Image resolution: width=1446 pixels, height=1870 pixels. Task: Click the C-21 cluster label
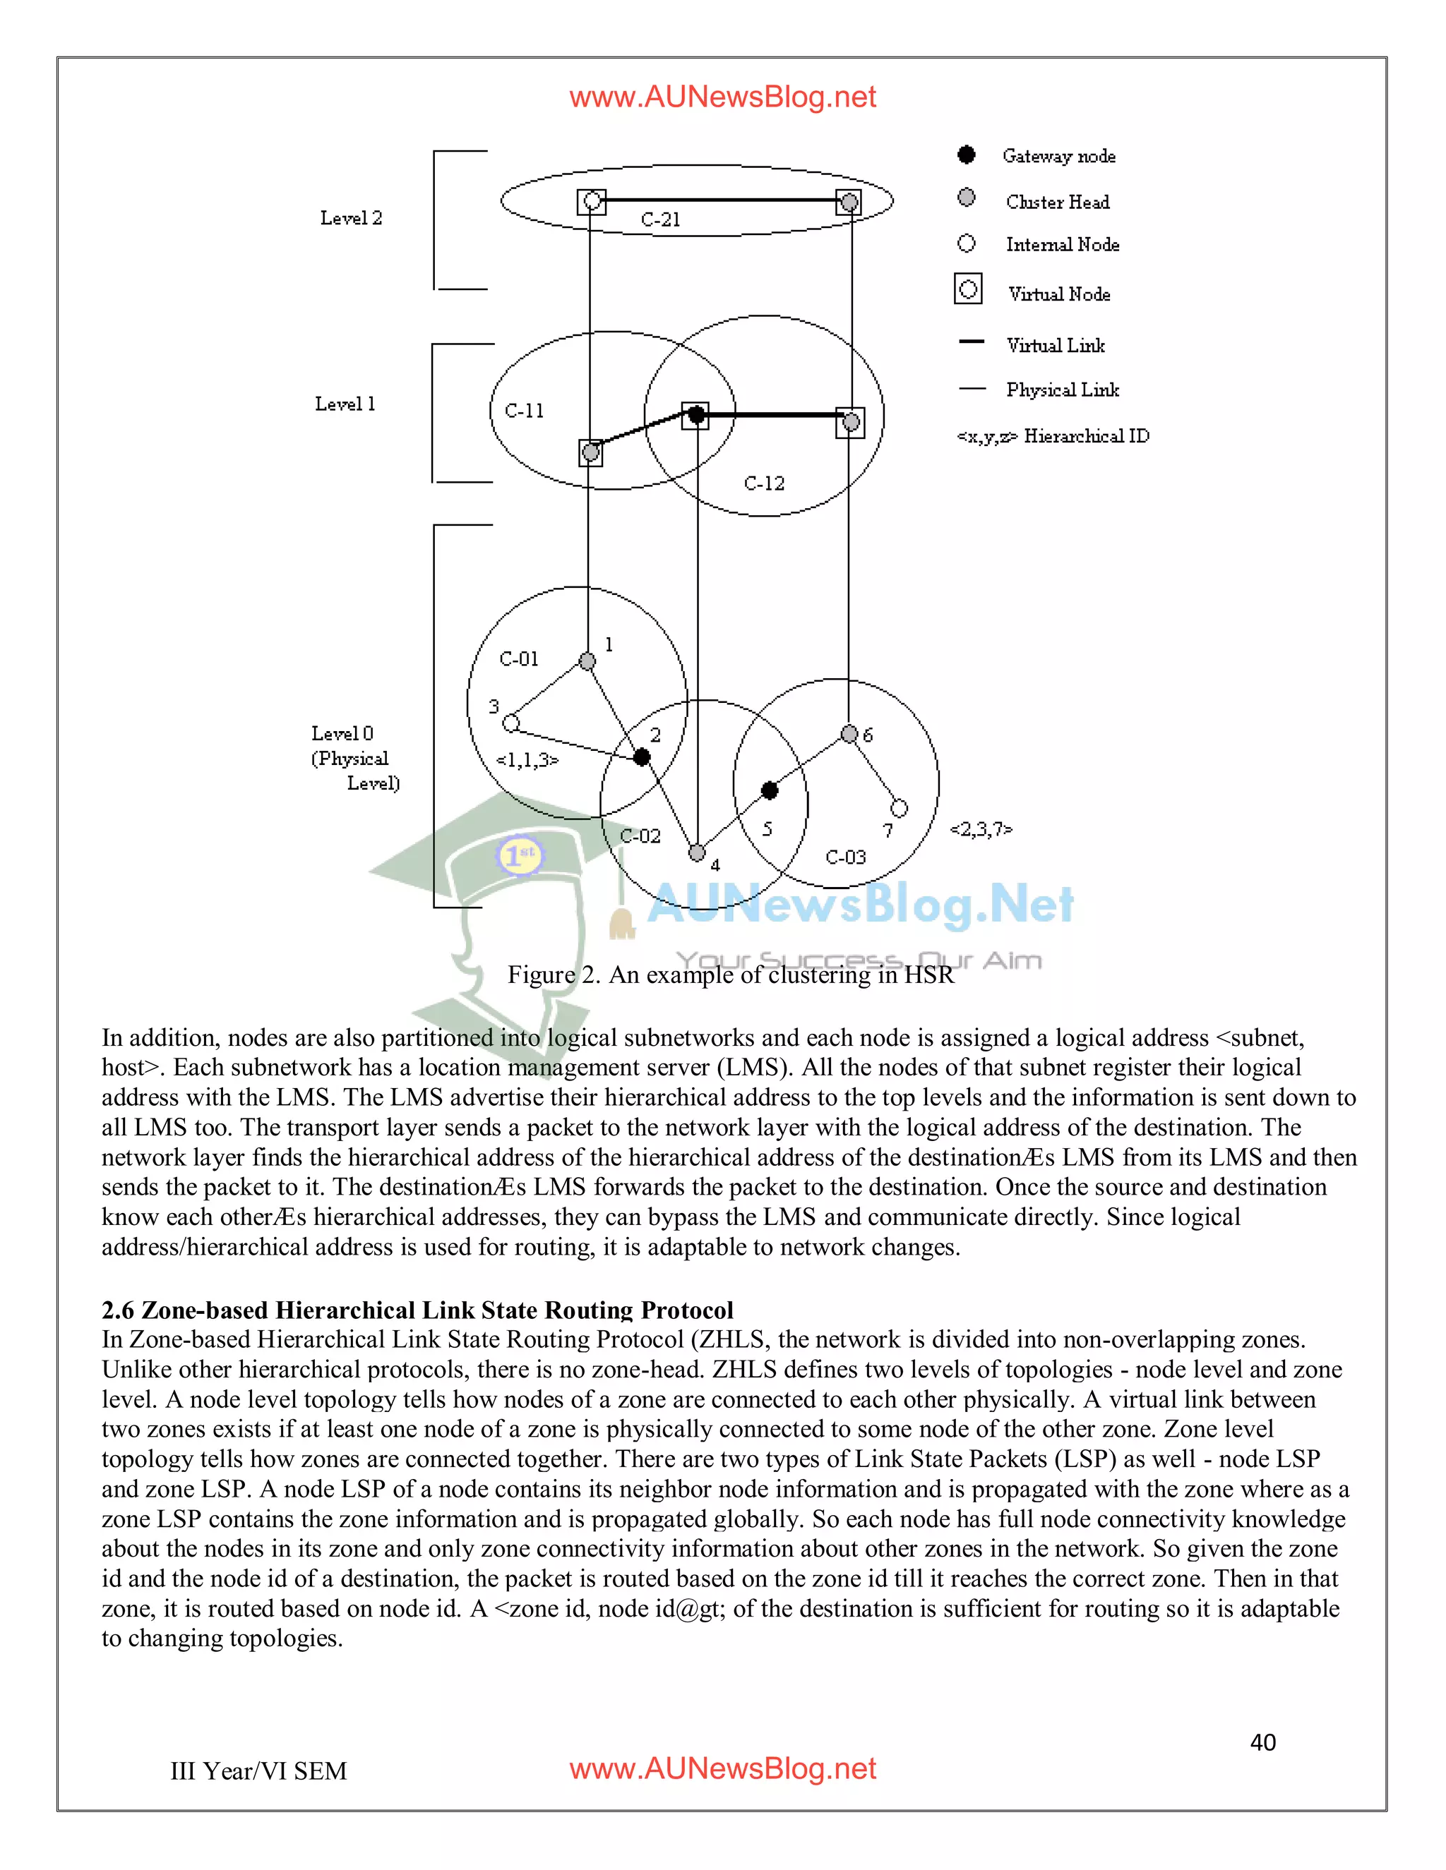tap(660, 220)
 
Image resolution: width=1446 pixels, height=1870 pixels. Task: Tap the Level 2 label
tap(351, 218)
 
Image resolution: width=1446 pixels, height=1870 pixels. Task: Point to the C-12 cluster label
tap(764, 484)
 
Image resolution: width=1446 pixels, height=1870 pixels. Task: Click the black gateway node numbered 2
tap(642, 757)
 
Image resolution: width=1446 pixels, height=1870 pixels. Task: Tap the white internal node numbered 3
tap(511, 723)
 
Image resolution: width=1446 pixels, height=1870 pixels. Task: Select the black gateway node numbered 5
tap(770, 790)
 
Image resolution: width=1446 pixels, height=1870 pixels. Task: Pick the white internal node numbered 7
tap(899, 807)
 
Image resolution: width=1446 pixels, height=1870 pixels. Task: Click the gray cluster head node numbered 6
tap(849, 734)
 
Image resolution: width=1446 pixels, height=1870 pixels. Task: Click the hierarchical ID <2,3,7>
tap(981, 829)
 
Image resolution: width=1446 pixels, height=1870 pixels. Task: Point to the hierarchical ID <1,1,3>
tap(527, 759)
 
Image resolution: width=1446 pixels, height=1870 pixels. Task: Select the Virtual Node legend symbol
tap(968, 289)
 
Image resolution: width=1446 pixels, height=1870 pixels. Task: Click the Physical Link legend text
tap(1062, 390)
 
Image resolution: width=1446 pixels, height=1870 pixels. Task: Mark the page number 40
tap(1262, 1742)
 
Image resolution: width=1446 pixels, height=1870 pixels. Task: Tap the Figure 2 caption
tap(730, 975)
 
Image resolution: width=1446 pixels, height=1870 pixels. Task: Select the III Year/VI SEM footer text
tap(258, 1771)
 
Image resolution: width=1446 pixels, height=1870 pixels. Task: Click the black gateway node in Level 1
tap(696, 415)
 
